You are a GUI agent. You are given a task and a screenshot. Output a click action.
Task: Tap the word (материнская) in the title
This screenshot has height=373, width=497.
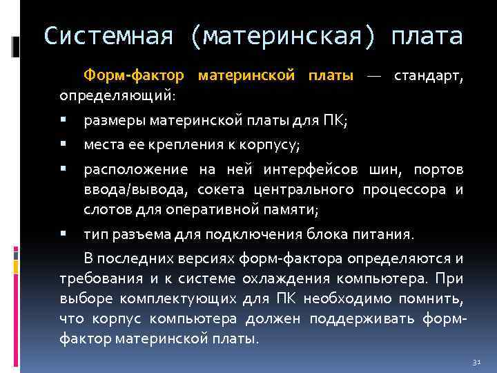point(280,36)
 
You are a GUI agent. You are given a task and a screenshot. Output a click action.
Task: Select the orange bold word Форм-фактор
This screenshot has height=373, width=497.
point(135,74)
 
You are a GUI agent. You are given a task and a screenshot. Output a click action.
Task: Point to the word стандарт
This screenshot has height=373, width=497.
point(429,74)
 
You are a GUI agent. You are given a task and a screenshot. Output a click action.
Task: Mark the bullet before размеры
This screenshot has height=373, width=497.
point(64,120)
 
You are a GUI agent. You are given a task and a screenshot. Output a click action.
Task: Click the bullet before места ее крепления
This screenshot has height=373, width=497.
point(64,144)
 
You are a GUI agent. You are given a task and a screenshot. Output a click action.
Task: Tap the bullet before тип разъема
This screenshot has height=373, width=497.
point(64,233)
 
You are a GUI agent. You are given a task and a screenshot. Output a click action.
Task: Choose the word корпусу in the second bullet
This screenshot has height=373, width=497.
point(274,145)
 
